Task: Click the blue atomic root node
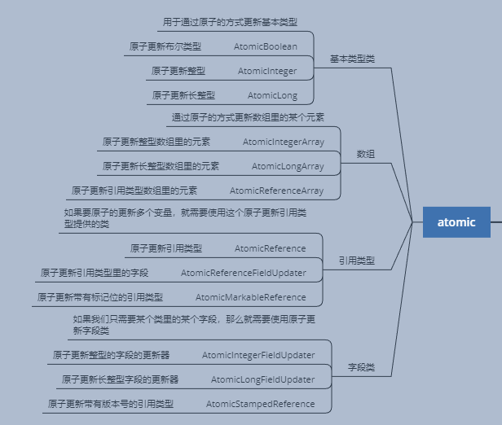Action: tap(456, 222)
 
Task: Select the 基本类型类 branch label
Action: tap(352, 59)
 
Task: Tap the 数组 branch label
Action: tap(366, 154)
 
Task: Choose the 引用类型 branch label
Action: tap(357, 261)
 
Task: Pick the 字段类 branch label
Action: tap(361, 367)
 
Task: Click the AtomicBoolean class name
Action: tap(265, 46)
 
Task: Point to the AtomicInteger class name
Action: tap(267, 71)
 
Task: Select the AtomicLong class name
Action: tap(272, 95)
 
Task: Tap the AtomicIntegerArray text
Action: tap(283, 142)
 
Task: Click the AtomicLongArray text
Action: tap(287, 166)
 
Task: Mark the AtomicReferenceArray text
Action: tap(276, 191)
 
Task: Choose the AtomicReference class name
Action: tap(270, 248)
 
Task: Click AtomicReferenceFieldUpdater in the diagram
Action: tap(243, 273)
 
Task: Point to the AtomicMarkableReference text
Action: tap(250, 297)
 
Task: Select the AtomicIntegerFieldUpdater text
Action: tap(258, 355)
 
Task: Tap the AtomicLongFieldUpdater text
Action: tap(262, 379)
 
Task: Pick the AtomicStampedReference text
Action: tap(260, 404)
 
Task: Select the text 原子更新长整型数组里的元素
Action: tap(161, 166)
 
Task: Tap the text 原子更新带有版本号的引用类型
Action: tap(111, 404)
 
